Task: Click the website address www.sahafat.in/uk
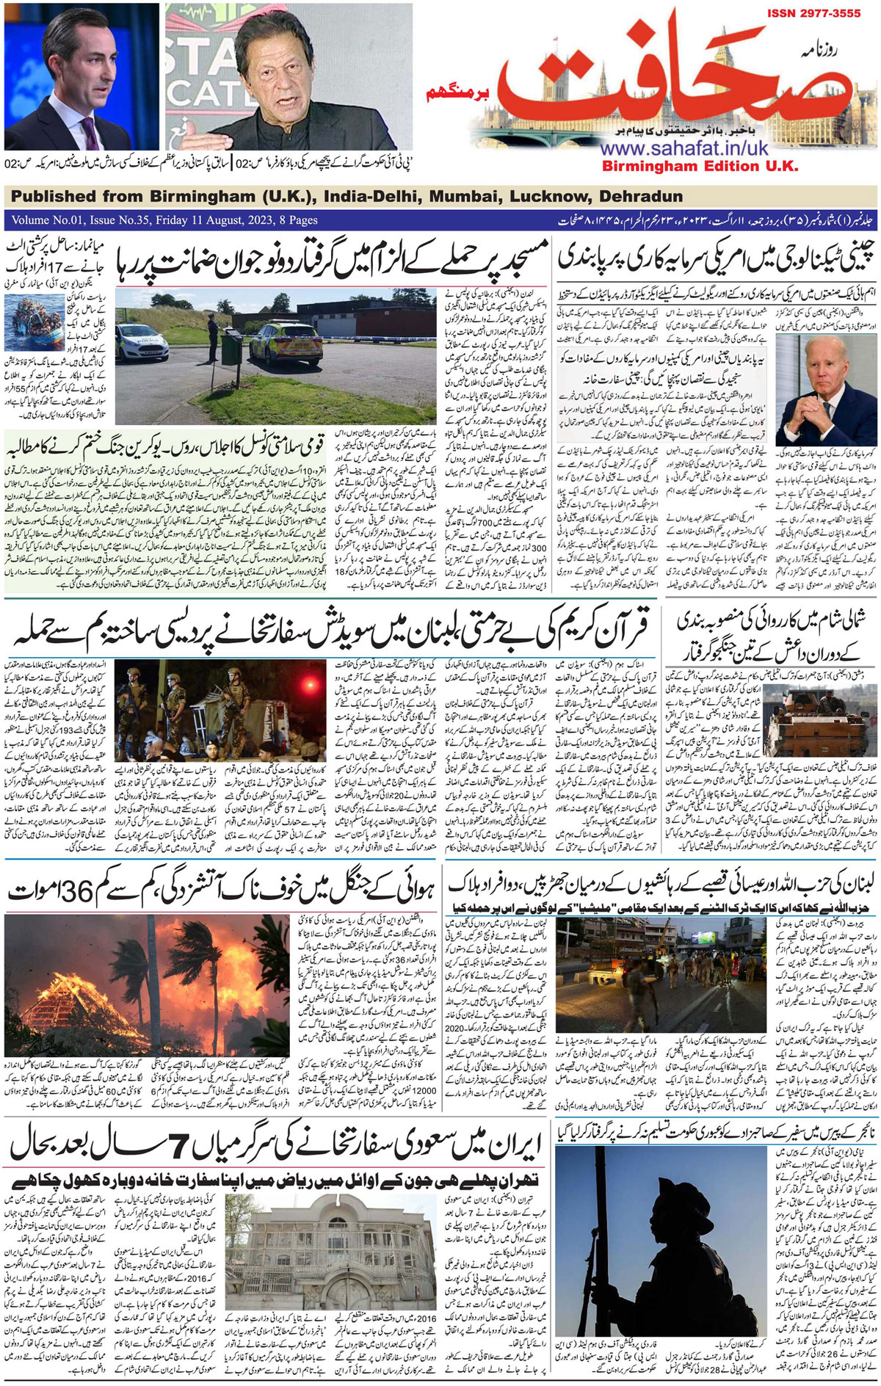684,148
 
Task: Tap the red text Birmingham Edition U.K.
700,167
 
